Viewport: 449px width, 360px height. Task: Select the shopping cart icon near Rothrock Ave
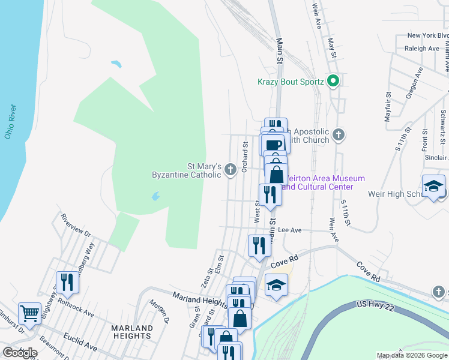click(29, 313)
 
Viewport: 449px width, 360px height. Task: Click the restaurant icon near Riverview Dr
click(67, 282)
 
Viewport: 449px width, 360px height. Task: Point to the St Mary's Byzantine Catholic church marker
click(229, 171)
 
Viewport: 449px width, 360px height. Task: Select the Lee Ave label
click(290, 230)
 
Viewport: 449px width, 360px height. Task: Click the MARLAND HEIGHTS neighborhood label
click(132, 332)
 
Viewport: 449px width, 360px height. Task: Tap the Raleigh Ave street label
click(422, 49)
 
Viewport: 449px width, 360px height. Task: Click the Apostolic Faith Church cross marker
click(339, 134)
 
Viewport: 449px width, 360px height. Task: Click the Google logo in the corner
click(19, 353)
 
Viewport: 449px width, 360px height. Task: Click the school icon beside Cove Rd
click(276, 285)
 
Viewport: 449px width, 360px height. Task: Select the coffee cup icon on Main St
click(273, 145)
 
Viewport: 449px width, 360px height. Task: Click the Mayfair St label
click(388, 104)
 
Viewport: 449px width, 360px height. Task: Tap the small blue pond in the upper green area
click(116, 63)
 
